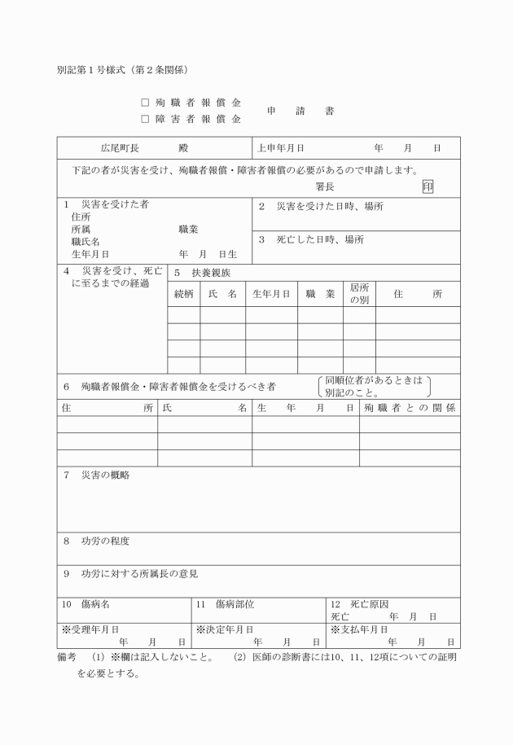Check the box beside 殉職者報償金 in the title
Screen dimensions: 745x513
pyautogui.click(x=145, y=104)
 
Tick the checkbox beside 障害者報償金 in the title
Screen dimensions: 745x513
pyautogui.click(x=145, y=119)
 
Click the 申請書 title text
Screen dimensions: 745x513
pyautogui.click(x=300, y=112)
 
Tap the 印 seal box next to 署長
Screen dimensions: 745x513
pyautogui.click(x=428, y=186)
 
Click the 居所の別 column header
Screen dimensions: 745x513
pyautogui.click(x=359, y=294)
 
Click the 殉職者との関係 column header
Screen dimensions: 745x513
pyautogui.click(x=410, y=406)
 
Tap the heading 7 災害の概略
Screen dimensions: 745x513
pyautogui.click(x=96, y=475)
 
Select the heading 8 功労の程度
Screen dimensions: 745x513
pyautogui.click(x=96, y=541)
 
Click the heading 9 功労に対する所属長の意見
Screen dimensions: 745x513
pyautogui.click(x=130, y=573)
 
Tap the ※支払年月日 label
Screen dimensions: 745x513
pyautogui.click(x=359, y=629)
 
